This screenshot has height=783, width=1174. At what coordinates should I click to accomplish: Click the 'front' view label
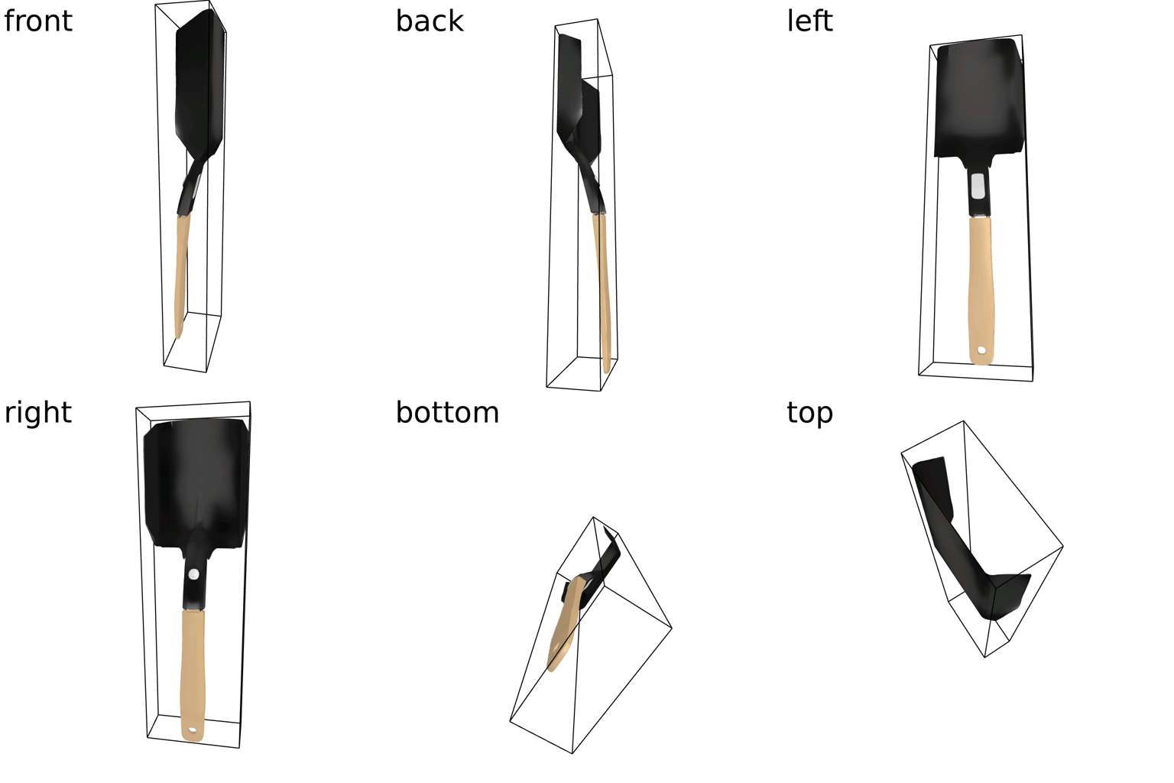point(37,21)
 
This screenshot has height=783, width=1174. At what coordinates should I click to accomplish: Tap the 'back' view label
point(430,21)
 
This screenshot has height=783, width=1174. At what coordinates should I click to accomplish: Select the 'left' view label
point(809,21)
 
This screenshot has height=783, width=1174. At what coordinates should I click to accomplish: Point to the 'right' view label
point(37,412)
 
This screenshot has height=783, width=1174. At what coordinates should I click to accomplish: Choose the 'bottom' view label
point(447,412)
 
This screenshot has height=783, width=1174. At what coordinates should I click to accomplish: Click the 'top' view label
point(809,413)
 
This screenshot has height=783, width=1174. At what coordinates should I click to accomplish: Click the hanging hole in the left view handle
point(981,349)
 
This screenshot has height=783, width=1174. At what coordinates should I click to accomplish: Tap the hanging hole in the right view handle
point(192,730)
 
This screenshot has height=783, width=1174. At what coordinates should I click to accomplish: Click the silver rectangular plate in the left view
point(978,186)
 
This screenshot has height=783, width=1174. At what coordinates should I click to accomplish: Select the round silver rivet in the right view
point(193,574)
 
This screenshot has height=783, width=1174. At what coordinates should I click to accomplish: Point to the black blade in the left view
point(979,99)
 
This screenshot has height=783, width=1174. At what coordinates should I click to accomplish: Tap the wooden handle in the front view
point(182,275)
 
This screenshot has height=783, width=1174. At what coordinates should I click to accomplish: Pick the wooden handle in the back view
point(602,293)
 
